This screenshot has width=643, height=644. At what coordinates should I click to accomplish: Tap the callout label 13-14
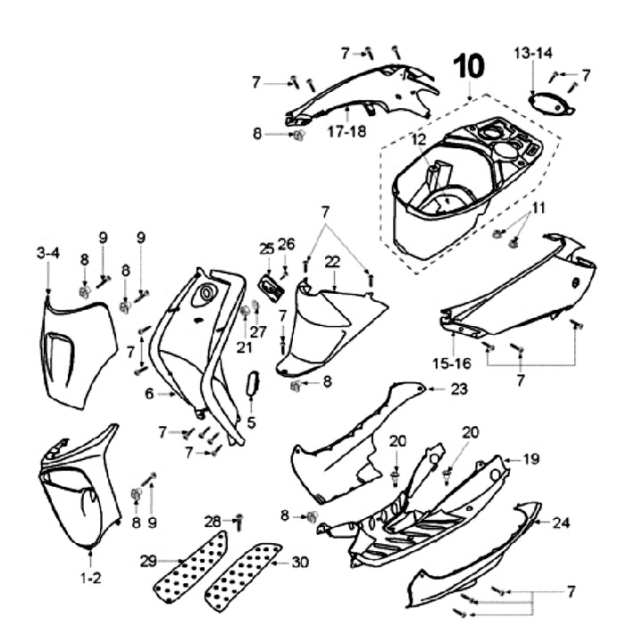532,54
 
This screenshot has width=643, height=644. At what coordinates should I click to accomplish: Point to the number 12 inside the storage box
420,139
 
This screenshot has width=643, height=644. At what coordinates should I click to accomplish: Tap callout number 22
332,262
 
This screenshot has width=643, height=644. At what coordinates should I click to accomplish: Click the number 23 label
459,389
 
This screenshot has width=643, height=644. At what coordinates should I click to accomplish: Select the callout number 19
531,459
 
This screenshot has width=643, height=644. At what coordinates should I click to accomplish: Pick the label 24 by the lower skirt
561,522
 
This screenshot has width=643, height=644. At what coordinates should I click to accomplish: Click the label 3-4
47,254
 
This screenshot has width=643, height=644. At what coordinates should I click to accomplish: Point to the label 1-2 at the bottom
91,578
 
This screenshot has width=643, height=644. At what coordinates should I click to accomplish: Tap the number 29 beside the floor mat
148,561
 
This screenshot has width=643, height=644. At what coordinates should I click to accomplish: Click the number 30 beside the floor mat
299,563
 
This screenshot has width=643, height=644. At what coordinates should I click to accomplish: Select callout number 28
212,520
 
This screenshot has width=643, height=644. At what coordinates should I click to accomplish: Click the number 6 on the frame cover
149,392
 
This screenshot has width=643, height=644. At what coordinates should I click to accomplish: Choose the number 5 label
251,422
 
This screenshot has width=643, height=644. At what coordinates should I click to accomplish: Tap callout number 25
266,247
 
